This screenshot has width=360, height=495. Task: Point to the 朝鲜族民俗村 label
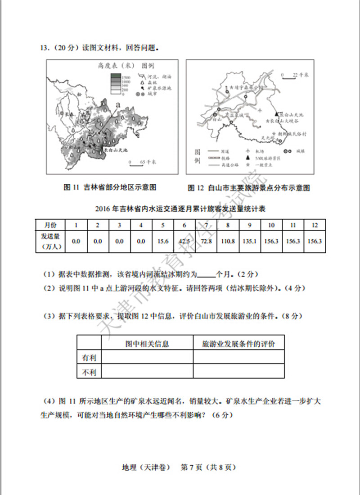(x=293, y=134)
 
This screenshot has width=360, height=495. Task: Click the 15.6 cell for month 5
(x=163, y=241)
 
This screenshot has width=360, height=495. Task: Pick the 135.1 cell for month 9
(x=249, y=241)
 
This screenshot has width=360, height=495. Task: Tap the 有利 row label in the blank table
(x=89, y=358)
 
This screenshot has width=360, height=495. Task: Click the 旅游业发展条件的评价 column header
(x=238, y=344)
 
